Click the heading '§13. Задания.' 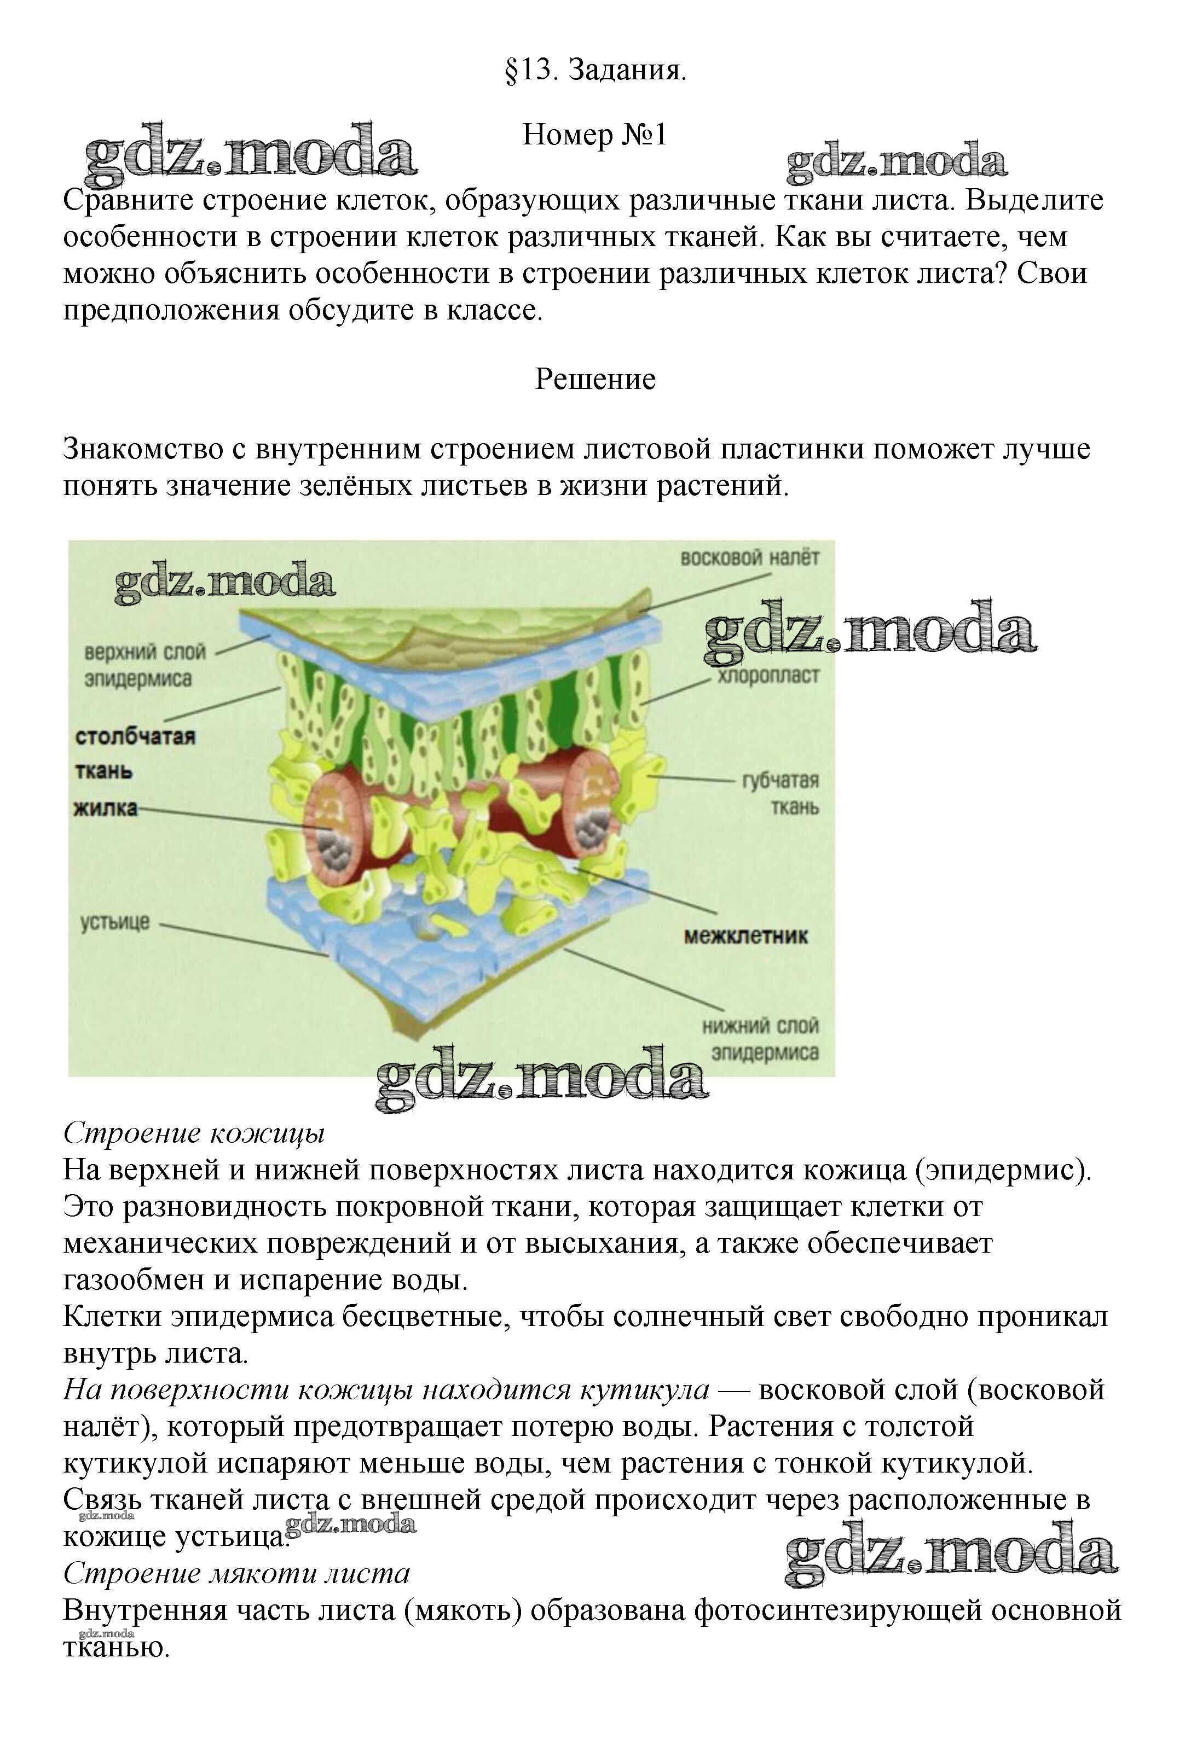(x=595, y=71)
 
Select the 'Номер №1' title (x=595, y=136)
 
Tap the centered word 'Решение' (x=595, y=379)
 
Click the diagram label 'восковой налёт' (x=749, y=559)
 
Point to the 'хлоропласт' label (x=767, y=676)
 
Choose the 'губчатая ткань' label (x=780, y=793)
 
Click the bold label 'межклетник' (x=745, y=936)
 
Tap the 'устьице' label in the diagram (x=115, y=922)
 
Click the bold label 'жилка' (x=106, y=809)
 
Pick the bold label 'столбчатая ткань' (x=134, y=753)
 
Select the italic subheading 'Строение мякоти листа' (x=236, y=1573)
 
